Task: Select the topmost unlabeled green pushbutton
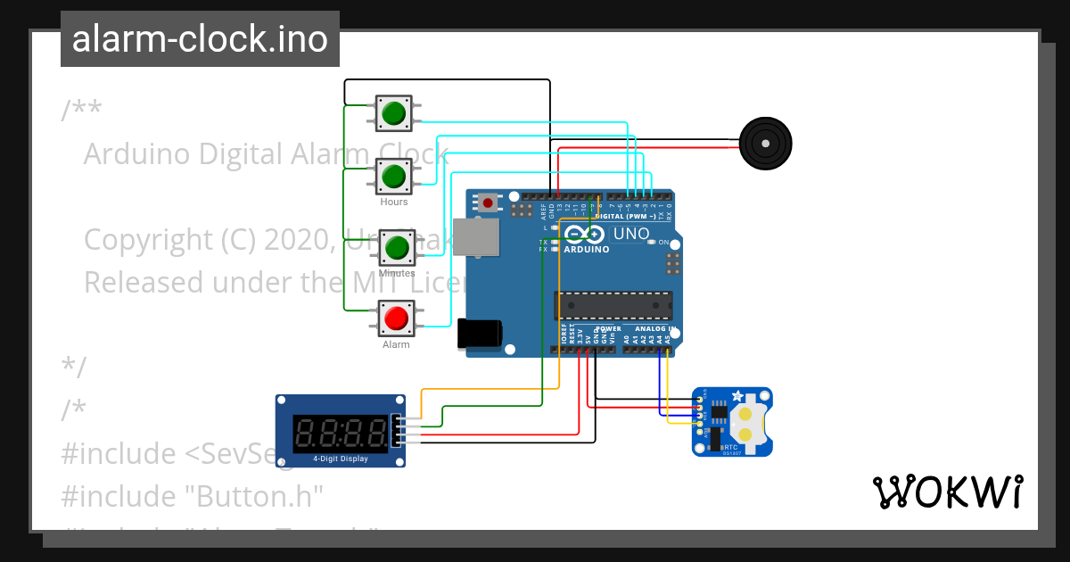392,113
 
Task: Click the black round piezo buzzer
765,143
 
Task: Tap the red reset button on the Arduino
488,203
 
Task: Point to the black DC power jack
478,334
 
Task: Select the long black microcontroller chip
613,305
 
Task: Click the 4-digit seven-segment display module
340,431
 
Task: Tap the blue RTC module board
732,422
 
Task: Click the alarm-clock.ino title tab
200,39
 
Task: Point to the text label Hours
394,202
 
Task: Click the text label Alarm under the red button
396,344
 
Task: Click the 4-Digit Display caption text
340,459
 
